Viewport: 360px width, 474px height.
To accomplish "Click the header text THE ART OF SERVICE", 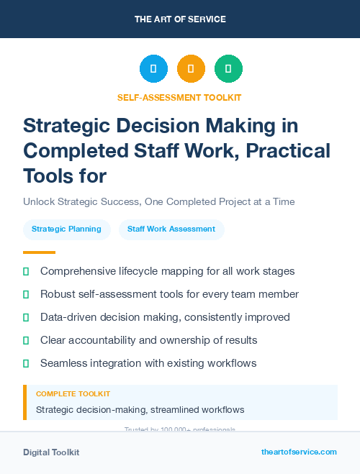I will click(x=180, y=19).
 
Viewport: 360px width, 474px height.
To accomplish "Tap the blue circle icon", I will click(x=153, y=68).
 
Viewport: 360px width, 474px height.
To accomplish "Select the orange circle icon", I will click(x=191, y=68).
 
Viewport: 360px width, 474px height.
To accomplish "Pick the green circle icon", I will click(x=228, y=68).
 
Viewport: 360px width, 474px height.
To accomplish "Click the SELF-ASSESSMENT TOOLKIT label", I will click(x=179, y=97).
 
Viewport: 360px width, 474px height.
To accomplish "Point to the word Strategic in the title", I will click(x=68, y=127).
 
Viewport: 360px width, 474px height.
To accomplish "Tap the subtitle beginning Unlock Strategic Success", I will click(x=159, y=201).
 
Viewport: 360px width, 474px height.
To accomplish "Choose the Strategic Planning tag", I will click(x=67, y=229).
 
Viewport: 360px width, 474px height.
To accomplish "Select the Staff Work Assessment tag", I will click(x=171, y=229).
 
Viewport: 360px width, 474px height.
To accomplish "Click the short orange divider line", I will click(x=39, y=252).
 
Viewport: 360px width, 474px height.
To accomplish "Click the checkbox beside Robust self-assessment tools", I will click(x=26, y=295).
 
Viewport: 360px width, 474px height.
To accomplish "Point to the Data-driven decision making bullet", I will click(x=165, y=317).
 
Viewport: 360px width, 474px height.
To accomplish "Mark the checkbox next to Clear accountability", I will click(x=26, y=340).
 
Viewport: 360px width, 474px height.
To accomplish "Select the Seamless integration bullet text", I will click(x=158, y=363).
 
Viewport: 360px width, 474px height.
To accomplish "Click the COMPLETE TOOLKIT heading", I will click(x=73, y=394).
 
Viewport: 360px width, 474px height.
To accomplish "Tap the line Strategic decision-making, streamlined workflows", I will click(x=140, y=410).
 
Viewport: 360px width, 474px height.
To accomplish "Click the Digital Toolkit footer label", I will click(x=51, y=452).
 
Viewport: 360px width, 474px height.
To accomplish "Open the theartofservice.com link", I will click(x=299, y=452).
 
